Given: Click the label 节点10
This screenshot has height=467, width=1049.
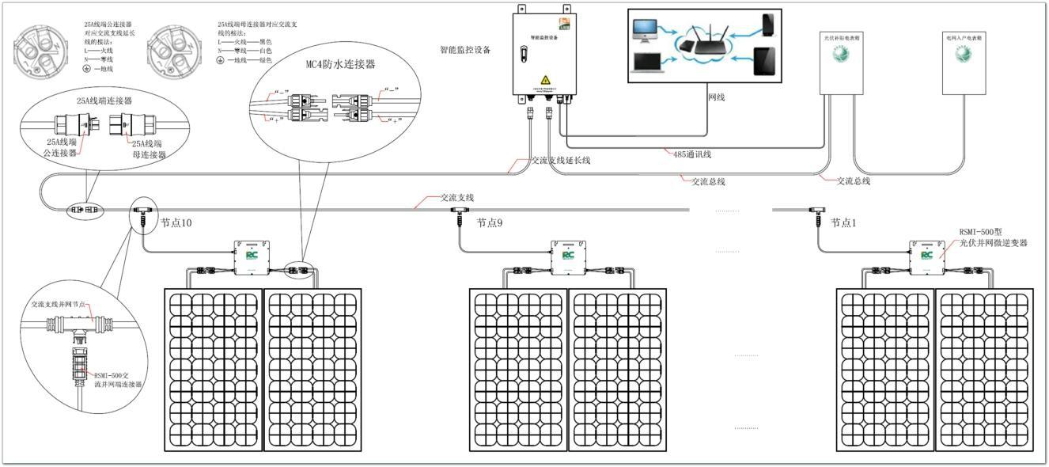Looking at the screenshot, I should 176,223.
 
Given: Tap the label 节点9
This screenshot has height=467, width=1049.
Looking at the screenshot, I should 490,223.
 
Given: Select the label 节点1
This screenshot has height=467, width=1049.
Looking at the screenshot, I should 843,223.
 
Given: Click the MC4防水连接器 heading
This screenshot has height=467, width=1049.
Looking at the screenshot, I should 340,63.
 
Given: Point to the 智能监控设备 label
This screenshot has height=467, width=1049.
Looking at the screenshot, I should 465,50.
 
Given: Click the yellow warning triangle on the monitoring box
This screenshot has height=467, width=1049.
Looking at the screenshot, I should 545,80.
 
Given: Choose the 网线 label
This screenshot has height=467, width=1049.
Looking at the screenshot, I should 716,97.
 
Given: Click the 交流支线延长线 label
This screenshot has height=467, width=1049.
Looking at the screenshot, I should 561,161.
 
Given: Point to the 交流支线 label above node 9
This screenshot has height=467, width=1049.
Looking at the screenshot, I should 457,197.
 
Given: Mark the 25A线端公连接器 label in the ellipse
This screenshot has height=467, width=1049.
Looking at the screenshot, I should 62,148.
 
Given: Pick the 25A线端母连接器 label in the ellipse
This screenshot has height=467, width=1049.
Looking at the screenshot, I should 150,150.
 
